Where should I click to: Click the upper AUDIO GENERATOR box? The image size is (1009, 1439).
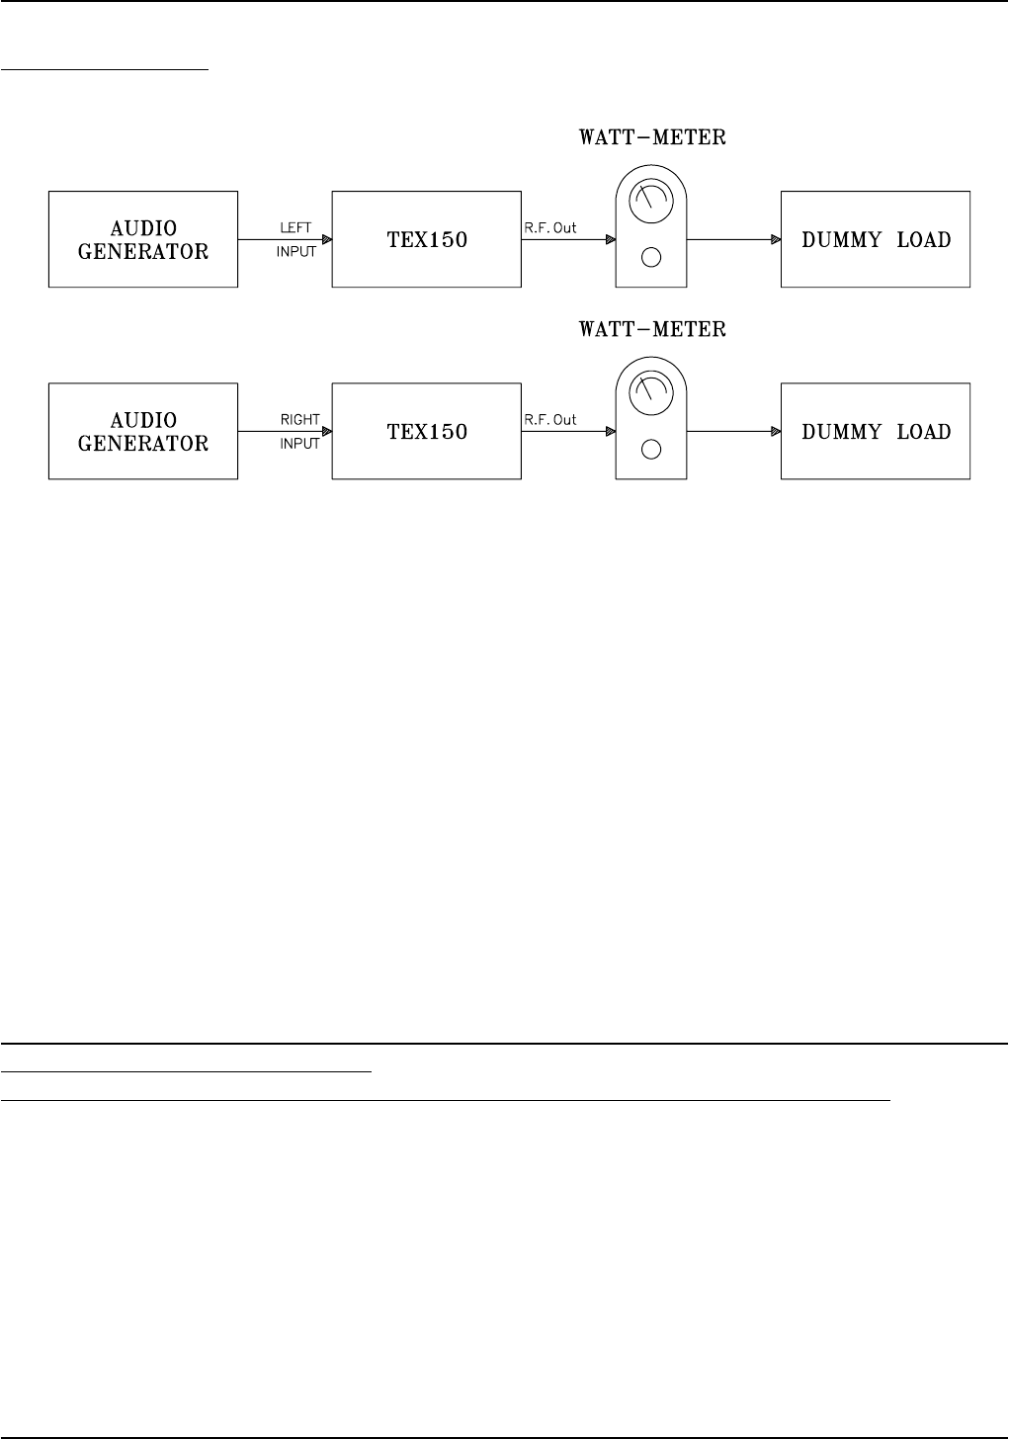[x=143, y=239]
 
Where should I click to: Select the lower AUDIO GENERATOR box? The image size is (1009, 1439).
[x=143, y=432]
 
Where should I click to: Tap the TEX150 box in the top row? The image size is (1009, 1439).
[x=427, y=239]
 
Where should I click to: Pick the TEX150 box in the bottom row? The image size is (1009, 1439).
[x=427, y=432]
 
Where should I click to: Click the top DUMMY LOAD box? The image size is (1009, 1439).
[x=876, y=239]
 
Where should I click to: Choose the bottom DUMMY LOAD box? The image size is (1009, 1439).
[x=876, y=432]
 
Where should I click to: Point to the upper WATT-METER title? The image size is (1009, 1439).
[x=652, y=137]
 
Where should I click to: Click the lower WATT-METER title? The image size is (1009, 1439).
[x=652, y=329]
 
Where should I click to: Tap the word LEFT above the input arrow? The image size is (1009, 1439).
[x=295, y=228]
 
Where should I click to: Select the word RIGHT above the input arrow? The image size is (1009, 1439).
[x=299, y=420]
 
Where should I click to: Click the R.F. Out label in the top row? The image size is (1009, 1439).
[x=550, y=228]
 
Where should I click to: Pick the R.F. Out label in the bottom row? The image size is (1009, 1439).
[x=550, y=420]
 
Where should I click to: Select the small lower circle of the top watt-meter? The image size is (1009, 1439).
[x=650, y=259]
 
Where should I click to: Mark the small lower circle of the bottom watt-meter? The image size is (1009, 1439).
[x=650, y=451]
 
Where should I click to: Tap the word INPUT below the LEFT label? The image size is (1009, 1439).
[x=296, y=252]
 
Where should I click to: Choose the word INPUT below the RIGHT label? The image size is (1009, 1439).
[x=299, y=444]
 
